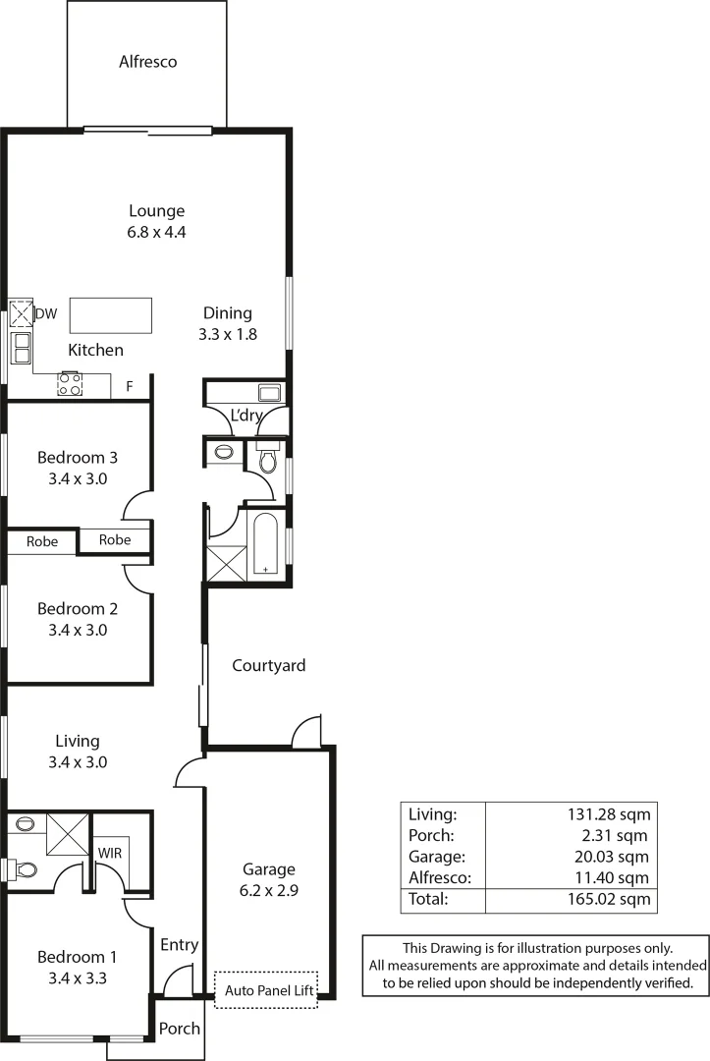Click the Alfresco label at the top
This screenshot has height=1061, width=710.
(147, 62)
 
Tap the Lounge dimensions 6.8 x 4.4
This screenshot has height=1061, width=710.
(157, 233)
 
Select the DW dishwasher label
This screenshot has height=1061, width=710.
(46, 314)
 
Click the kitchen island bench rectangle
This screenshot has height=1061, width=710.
(111, 315)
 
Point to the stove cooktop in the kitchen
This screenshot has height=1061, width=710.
(70, 384)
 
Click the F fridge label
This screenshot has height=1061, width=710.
(129, 387)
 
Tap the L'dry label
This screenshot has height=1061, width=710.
(246, 417)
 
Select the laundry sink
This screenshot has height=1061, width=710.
(270, 393)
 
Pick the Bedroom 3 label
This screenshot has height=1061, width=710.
(78, 457)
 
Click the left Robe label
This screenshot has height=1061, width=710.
(42, 541)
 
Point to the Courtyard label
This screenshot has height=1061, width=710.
(268, 665)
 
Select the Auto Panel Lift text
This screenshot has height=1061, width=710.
(268, 991)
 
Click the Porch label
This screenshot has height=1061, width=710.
(180, 1029)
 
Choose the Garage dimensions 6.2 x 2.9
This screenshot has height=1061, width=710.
(268, 891)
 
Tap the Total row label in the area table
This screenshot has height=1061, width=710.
(428, 899)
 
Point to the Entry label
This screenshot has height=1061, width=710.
(180, 945)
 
